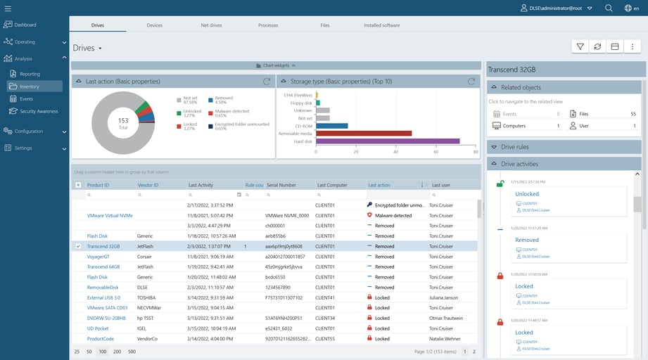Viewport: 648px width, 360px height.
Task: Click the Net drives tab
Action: [211, 25]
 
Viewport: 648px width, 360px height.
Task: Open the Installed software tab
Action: [381, 25]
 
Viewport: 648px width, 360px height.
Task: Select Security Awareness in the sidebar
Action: [39, 111]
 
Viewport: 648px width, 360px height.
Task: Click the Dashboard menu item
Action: [25, 25]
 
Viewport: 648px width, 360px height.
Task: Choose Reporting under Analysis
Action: [30, 74]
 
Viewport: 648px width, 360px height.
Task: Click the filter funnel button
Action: [580, 47]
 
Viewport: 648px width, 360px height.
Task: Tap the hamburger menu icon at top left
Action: [8, 8]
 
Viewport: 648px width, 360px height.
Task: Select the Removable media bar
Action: [364, 133]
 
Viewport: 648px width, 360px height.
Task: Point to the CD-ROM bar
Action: [332, 126]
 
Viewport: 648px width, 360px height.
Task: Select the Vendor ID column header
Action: [147, 185]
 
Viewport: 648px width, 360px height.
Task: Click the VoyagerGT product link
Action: [98, 257]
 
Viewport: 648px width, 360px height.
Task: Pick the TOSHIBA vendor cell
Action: [146, 297]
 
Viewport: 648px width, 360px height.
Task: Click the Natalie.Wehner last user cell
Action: [447, 339]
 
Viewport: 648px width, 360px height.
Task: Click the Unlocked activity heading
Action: [527, 194]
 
